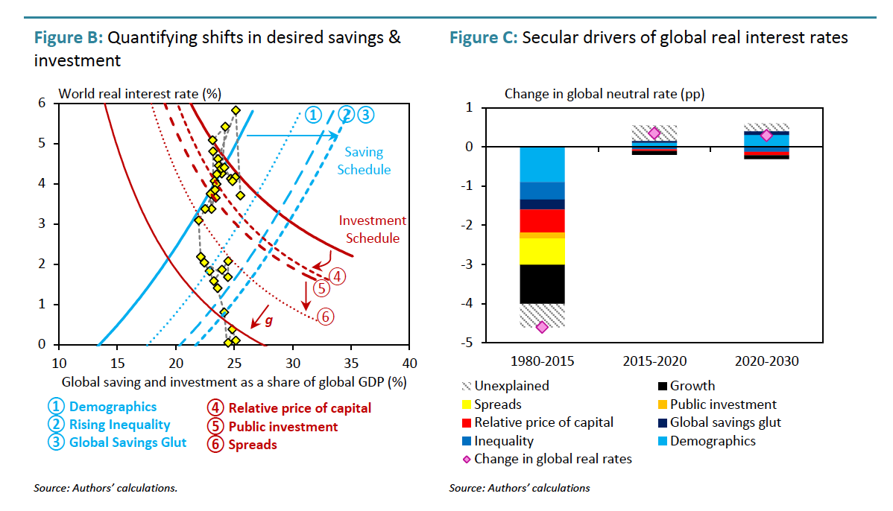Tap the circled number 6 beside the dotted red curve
pyautogui.click(x=325, y=317)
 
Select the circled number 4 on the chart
pyautogui.click(x=337, y=276)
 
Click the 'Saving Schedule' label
pyautogui.click(x=363, y=160)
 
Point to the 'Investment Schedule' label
pyautogui.click(x=373, y=229)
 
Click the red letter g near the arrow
pyautogui.click(x=269, y=321)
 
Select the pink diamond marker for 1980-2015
pyautogui.click(x=542, y=327)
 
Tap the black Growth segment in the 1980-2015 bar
pyautogui.click(x=542, y=284)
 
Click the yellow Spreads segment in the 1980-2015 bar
pyautogui.click(x=542, y=251)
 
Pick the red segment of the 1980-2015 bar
pyautogui.click(x=542, y=220)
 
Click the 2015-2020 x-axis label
pyautogui.click(x=654, y=361)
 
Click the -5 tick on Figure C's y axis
pyautogui.click(x=468, y=343)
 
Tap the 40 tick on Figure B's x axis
pyautogui.click(x=409, y=363)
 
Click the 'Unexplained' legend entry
pyautogui.click(x=511, y=386)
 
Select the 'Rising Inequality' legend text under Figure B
pyautogui.click(x=119, y=425)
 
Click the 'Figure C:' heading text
pyautogui.click(x=483, y=38)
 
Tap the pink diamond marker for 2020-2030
pyautogui.click(x=766, y=135)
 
